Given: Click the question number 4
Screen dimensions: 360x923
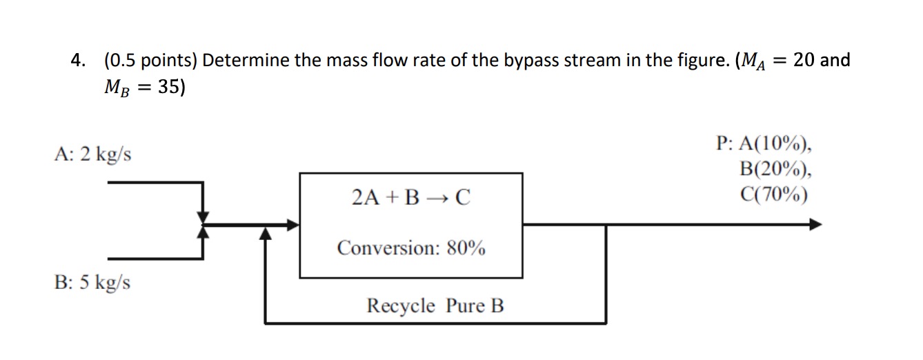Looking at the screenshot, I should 78,61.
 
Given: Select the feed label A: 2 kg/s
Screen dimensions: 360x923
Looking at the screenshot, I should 92,154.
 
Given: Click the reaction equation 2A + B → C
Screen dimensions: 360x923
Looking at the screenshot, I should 410,199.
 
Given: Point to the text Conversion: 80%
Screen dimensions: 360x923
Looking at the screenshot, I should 410,248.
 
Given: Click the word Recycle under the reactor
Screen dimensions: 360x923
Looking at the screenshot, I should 401,305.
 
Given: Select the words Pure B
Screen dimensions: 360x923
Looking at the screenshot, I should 475,305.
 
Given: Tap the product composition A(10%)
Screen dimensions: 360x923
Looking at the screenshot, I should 773,144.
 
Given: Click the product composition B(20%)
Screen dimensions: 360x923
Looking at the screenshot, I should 773,169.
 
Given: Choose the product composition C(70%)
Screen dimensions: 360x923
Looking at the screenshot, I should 773,194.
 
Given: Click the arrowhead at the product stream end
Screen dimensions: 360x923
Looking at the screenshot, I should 815,224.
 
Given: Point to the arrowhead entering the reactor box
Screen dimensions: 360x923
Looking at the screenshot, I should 293,224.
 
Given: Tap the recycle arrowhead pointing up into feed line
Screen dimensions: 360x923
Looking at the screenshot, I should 266,234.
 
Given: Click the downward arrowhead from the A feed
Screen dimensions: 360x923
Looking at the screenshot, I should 203,215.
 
